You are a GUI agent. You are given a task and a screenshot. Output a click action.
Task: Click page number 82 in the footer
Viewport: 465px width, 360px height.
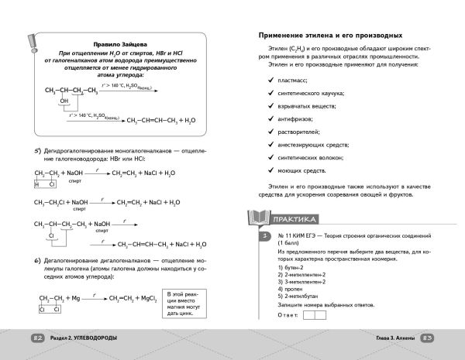point(37,338)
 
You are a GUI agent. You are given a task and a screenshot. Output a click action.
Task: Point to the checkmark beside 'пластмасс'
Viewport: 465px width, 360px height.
point(270,80)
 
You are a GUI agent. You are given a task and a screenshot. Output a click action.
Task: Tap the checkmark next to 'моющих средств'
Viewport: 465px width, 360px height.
point(270,169)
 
